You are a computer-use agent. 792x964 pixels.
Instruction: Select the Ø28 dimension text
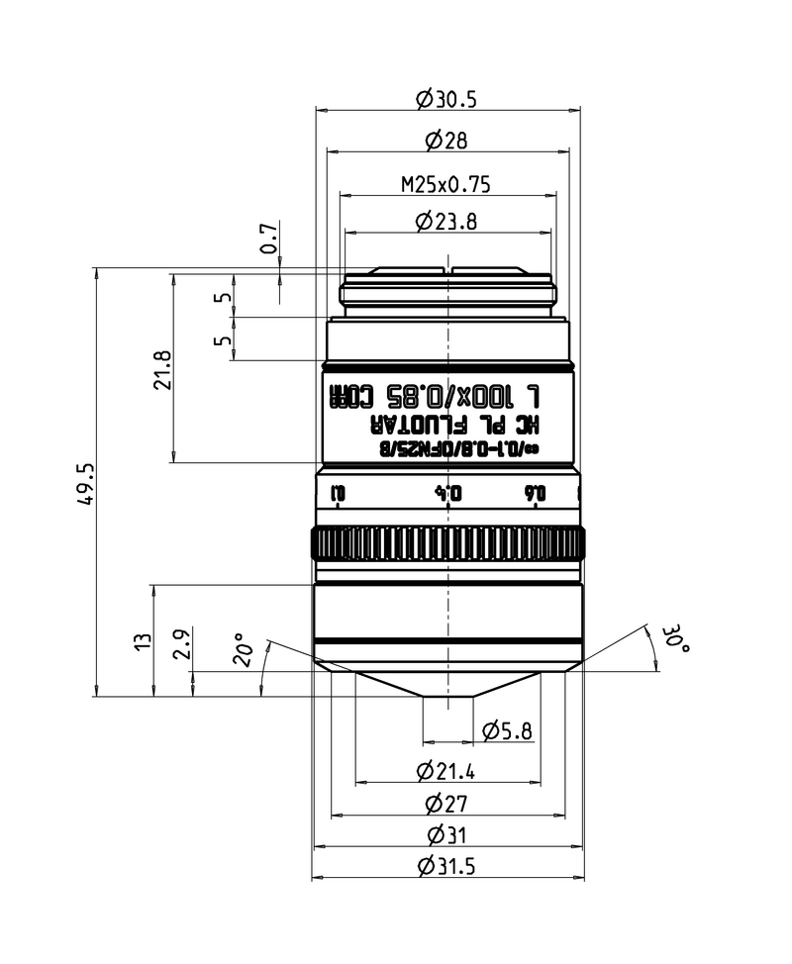point(446,142)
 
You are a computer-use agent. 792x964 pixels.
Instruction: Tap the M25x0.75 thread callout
point(445,183)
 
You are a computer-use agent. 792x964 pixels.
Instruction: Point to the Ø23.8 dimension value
point(446,223)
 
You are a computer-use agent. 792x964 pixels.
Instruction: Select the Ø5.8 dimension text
point(507,731)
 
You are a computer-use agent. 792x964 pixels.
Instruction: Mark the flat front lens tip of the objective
point(447,698)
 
